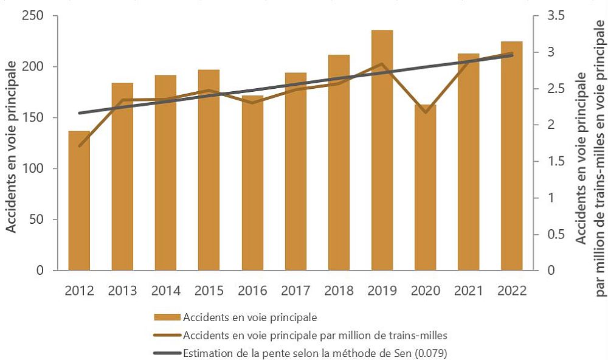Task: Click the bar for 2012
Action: (79, 201)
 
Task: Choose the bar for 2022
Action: (511, 156)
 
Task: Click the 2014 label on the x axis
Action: (165, 290)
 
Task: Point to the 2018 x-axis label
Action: (339, 290)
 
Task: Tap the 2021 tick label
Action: (468, 290)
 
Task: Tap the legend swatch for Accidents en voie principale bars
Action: (167, 317)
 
